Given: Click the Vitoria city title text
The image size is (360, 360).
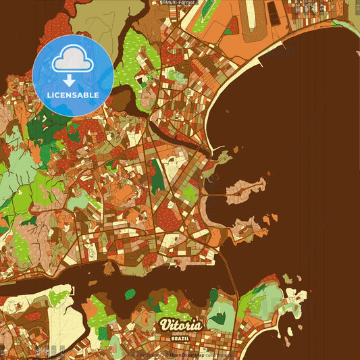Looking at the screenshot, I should click(x=180, y=325).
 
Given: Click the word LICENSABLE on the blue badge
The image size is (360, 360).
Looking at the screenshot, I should click(x=73, y=95).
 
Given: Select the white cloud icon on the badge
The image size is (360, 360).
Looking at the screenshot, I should click(x=72, y=63).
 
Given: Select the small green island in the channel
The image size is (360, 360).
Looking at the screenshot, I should click(x=130, y=294).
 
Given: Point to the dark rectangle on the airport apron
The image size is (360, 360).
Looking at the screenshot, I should click(x=273, y=11).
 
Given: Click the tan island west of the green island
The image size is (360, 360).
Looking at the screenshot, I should click(x=109, y=269).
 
